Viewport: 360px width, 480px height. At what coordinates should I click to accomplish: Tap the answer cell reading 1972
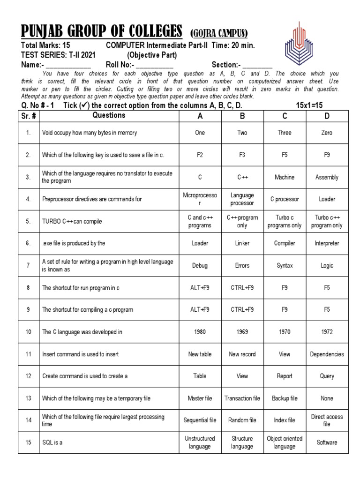[x=327, y=332]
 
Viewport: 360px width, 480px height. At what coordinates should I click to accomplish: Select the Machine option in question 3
[x=285, y=177]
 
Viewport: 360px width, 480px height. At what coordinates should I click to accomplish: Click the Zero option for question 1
[x=327, y=133]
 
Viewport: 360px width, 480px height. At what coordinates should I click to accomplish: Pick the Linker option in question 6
[x=242, y=243]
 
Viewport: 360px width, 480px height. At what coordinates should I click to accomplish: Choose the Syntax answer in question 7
[x=285, y=265]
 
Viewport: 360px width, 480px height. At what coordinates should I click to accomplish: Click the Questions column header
[x=109, y=115]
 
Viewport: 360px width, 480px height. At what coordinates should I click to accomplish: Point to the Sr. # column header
[x=29, y=116]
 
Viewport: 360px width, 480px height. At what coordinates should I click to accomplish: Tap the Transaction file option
[x=242, y=398]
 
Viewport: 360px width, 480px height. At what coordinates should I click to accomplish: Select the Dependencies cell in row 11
[x=327, y=354]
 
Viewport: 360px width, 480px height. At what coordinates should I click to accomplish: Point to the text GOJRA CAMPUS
[x=218, y=33]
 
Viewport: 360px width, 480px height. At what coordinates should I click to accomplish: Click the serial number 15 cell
[x=29, y=442]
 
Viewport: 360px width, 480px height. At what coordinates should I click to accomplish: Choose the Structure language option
[x=242, y=442]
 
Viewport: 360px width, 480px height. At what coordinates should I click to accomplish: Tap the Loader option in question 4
[x=327, y=199]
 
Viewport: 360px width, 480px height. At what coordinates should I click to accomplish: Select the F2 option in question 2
[x=200, y=155]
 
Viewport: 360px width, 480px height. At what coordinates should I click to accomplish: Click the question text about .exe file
[x=74, y=243]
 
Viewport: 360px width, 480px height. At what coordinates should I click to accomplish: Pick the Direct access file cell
[x=327, y=420]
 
